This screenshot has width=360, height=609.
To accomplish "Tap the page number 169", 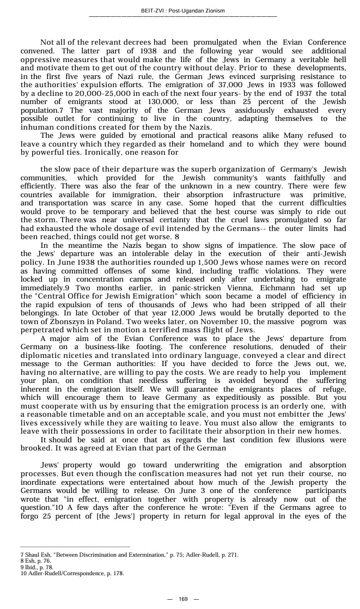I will [183, 599].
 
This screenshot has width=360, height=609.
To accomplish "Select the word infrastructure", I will [256, 194].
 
